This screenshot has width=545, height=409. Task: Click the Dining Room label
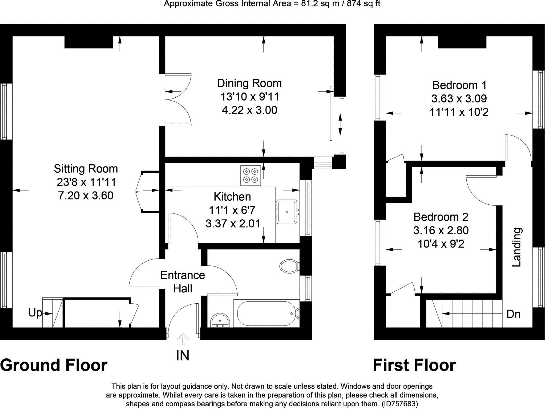click(249, 83)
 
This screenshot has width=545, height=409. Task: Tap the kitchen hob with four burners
click(251, 175)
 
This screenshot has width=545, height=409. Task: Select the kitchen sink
click(287, 212)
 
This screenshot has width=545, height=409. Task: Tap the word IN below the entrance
click(183, 356)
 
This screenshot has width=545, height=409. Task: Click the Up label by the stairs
click(35, 313)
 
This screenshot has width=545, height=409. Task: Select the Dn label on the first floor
click(513, 314)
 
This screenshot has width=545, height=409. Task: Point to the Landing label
click(517, 247)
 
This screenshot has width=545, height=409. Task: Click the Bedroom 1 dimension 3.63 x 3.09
click(459, 99)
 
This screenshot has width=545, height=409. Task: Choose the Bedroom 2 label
click(441, 217)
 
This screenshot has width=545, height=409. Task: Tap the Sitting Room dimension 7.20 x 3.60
click(86, 196)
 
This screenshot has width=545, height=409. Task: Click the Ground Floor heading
click(54, 365)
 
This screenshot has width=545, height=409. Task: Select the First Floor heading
click(414, 365)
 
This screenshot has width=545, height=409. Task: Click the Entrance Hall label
click(183, 282)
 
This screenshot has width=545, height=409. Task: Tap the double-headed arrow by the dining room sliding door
click(340, 125)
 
